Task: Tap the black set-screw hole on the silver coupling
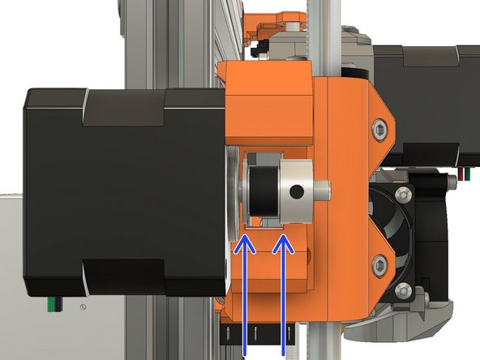click(296, 191)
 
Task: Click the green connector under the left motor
click(51, 304)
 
